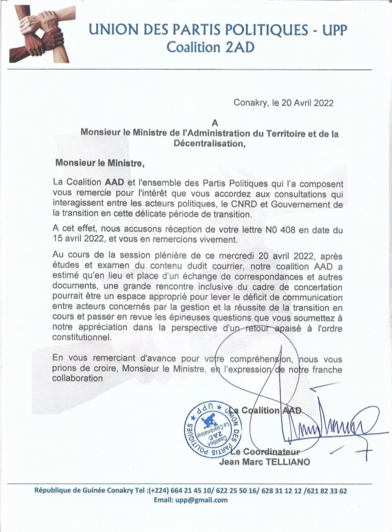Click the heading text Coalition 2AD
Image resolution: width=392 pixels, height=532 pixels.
210,47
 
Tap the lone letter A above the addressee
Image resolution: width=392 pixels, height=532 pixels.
215,123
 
